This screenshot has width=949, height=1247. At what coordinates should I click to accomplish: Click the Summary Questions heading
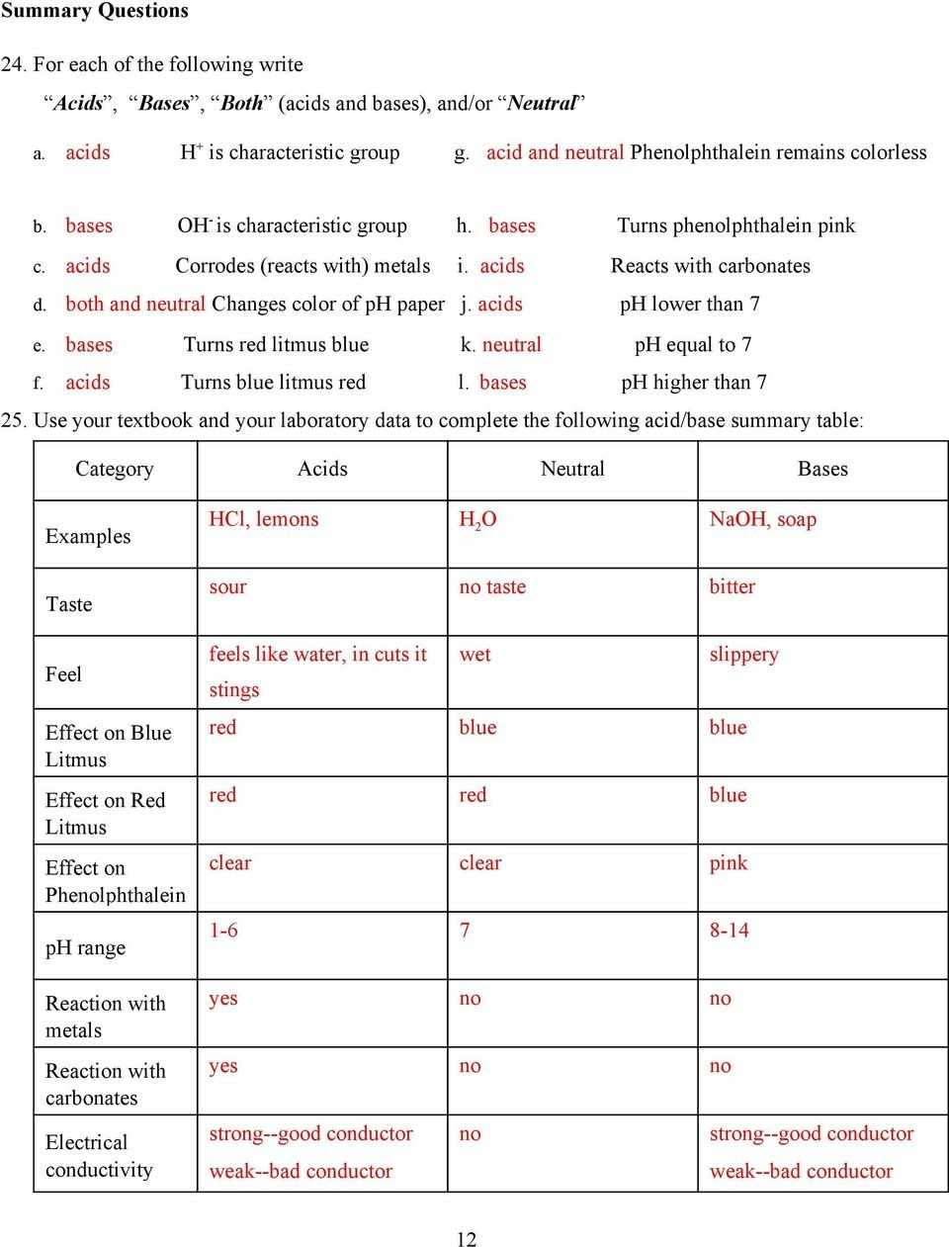tap(94, 11)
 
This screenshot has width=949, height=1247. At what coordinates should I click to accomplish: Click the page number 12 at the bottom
tap(467, 1239)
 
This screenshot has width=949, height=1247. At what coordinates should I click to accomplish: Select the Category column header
tap(115, 469)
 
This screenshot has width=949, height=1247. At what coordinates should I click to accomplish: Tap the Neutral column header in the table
tap(572, 469)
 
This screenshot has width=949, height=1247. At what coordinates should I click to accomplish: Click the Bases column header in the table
tap(822, 469)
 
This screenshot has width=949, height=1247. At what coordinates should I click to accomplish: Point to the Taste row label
tap(69, 604)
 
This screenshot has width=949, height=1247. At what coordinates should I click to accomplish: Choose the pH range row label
tap(85, 947)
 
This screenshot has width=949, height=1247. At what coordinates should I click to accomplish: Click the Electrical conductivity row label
tap(99, 1156)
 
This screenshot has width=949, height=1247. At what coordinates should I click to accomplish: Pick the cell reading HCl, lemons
tap(264, 519)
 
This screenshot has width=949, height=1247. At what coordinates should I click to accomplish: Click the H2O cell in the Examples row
tap(477, 520)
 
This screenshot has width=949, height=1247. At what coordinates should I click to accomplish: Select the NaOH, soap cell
tap(763, 519)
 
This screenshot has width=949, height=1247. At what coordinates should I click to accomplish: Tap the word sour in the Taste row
tap(227, 586)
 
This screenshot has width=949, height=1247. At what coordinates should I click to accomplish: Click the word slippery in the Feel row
tap(744, 655)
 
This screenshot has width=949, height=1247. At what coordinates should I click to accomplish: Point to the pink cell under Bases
tap(729, 862)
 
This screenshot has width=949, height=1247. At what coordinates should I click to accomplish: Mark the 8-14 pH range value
tap(730, 931)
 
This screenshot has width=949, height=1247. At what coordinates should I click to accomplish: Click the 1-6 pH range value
tap(223, 931)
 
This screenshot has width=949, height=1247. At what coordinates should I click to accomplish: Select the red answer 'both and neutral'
tap(135, 305)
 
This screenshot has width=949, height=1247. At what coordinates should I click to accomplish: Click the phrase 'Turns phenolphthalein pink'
tap(736, 225)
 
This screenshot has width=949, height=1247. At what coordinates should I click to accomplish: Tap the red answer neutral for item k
tap(512, 345)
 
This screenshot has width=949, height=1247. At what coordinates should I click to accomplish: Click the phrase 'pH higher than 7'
tap(694, 383)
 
